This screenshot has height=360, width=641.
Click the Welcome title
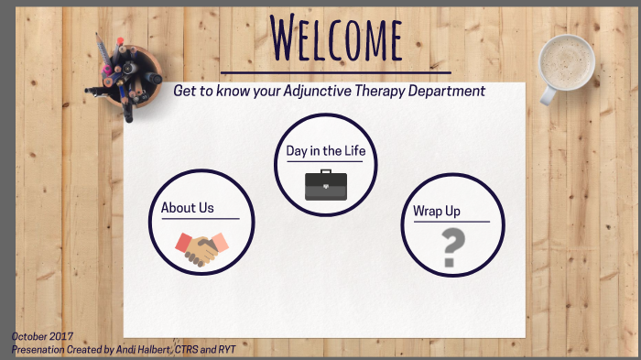[337, 38]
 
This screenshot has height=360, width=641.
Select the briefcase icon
[326, 185]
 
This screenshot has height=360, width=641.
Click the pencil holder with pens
[129, 72]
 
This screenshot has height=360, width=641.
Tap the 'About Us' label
[188, 208]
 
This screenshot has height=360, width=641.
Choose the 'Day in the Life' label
[325, 151]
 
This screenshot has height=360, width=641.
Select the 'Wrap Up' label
[437, 212]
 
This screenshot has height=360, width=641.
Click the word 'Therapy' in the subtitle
[373, 92]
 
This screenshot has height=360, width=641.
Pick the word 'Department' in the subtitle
[443, 92]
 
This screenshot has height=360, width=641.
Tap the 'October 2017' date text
[42, 337]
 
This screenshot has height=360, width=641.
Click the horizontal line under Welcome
[336, 71]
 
